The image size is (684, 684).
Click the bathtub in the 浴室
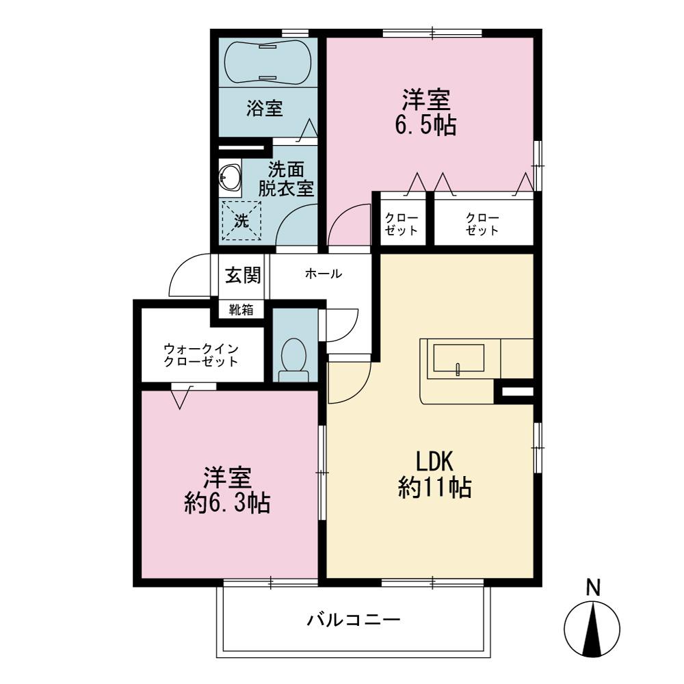tap(268, 62)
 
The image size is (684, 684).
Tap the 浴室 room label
tap(265, 109)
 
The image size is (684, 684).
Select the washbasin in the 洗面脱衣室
tap(229, 179)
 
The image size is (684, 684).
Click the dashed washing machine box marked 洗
tap(241, 220)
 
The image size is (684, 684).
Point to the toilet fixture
tap(293, 360)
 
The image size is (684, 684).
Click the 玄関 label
tap(243, 276)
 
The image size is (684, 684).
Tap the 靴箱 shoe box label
tap(241, 310)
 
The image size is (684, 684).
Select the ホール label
tap(324, 274)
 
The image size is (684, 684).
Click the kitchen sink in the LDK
tap(458, 358)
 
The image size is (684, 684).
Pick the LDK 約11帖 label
tap(434, 475)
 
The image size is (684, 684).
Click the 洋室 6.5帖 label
tap(425, 112)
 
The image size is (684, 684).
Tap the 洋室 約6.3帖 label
tap(227, 490)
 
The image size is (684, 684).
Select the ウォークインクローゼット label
tap(201, 355)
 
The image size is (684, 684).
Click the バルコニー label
tap(354, 620)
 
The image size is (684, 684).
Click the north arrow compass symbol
tap(592, 629)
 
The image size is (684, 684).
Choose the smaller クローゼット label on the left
tap(402, 224)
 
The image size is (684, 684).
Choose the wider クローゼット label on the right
tap(482, 224)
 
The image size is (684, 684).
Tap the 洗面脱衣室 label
tap(286, 179)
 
